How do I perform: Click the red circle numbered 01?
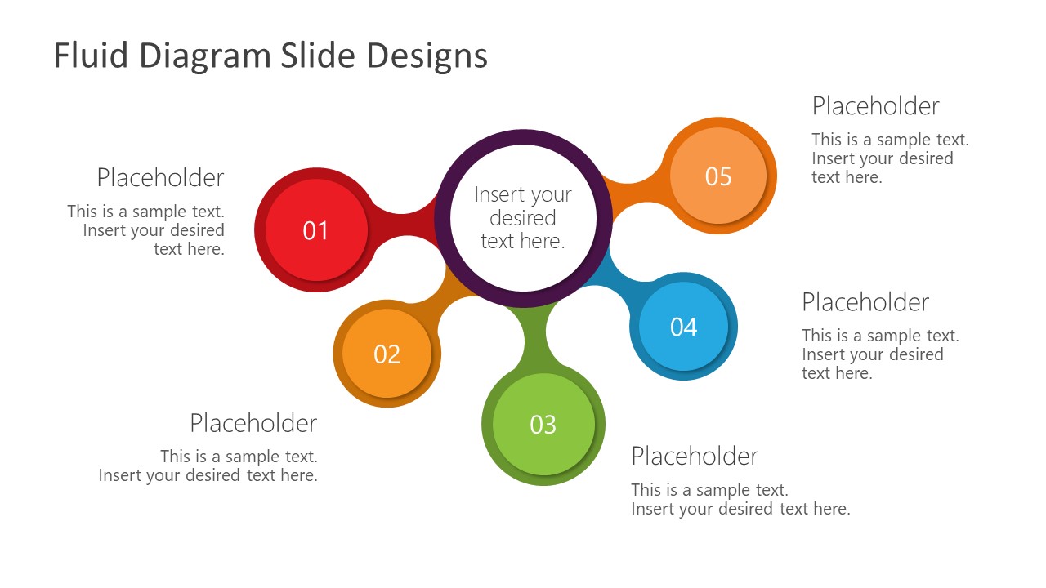(x=316, y=230)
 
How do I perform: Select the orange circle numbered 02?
(x=387, y=354)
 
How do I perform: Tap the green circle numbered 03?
(x=543, y=425)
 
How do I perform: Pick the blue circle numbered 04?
(x=683, y=327)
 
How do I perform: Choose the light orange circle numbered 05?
(x=718, y=176)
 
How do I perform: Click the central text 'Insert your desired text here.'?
(x=523, y=217)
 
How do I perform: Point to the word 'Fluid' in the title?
(x=91, y=56)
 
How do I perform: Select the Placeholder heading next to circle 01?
(x=160, y=177)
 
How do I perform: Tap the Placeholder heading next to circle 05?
(x=875, y=105)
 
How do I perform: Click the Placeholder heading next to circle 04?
(x=865, y=301)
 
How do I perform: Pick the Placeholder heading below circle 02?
(x=253, y=422)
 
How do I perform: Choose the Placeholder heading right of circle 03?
(x=695, y=455)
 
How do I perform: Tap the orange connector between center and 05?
(x=633, y=193)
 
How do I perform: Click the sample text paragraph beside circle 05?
(x=889, y=158)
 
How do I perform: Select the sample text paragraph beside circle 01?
(x=147, y=230)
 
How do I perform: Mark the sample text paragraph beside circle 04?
(x=879, y=354)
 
